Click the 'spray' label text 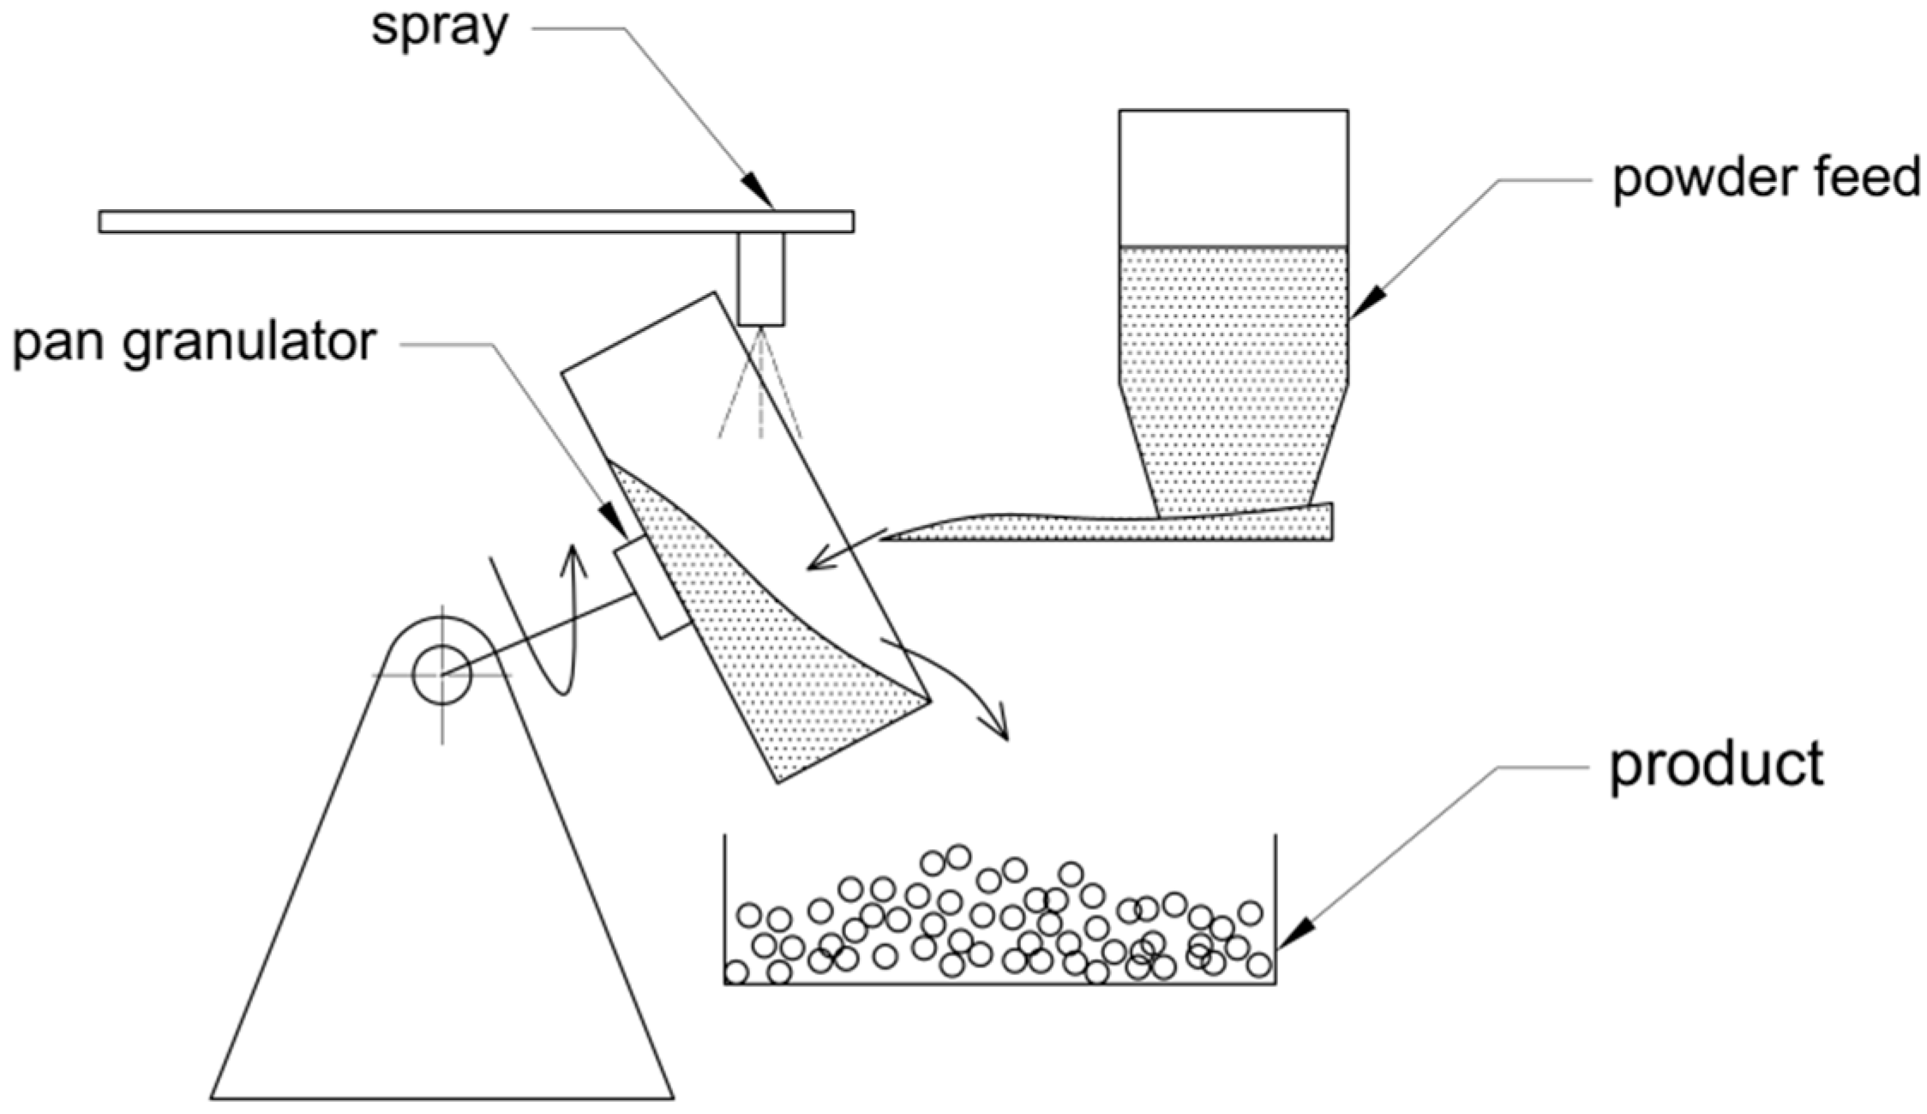pyautogui.click(x=439, y=27)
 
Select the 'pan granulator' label pyautogui.click(x=194, y=343)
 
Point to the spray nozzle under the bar pyautogui.click(x=761, y=279)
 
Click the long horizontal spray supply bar pyautogui.click(x=429, y=221)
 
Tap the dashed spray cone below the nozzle pyautogui.click(x=761, y=394)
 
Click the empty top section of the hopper pyautogui.click(x=1233, y=178)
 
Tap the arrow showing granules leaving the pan pyautogui.click(x=960, y=686)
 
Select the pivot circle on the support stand pyautogui.click(x=441, y=674)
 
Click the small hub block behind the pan pyautogui.click(x=653, y=587)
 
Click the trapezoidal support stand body pyautogui.click(x=441, y=900)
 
